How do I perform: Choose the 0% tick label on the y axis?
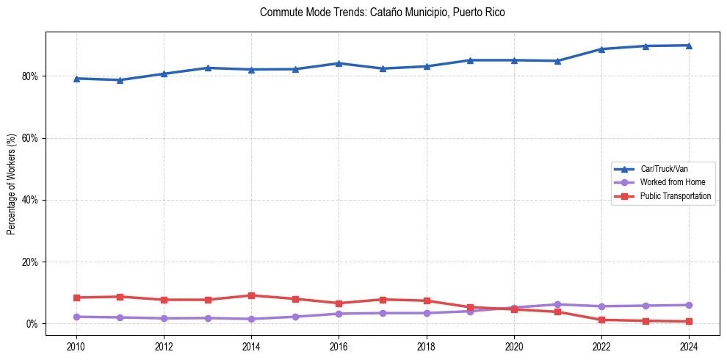32,324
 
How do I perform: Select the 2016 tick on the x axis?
339,345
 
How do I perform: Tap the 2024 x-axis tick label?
689,345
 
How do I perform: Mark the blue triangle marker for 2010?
76,78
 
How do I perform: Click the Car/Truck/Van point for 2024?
689,46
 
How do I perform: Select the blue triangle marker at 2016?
339,63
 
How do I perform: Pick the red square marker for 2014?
251,295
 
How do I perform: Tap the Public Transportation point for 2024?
689,321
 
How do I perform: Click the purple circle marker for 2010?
76,317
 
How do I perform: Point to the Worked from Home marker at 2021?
557,304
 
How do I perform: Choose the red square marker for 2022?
601,320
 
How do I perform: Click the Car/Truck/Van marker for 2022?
601,49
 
